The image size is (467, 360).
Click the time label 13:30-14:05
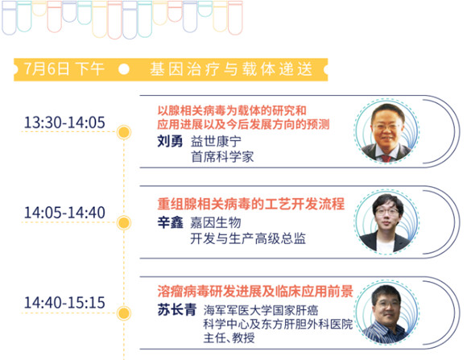coord(64,122)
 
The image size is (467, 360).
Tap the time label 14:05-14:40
coord(64,213)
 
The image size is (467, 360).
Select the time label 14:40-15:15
coord(64,303)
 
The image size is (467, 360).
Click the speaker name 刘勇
coord(170,141)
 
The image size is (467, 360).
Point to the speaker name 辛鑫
coord(170,222)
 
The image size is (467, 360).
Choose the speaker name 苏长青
coord(177,309)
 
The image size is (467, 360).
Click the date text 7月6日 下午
coord(64,69)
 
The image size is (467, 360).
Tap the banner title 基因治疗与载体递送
coord(231,69)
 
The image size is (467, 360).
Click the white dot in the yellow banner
coord(124,69)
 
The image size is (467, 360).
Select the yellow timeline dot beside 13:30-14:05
coord(124,132)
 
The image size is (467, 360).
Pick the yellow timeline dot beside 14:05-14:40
coord(124,222)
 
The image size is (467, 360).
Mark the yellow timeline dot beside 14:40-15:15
coord(124,313)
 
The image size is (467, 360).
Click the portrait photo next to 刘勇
coord(386,131)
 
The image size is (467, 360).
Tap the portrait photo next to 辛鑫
coord(386,222)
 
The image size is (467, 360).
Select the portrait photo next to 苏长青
coord(386,312)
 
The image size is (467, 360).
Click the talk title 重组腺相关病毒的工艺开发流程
coord(250,204)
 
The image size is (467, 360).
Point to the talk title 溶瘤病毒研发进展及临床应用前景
coord(255,292)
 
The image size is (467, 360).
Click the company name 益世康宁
coord(216,141)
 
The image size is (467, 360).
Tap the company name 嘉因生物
coord(216,222)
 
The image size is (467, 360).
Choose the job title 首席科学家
coord(222,157)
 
